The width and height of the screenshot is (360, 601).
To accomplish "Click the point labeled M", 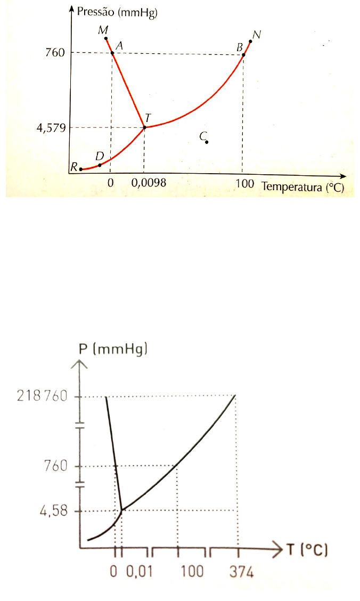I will (x=106, y=38).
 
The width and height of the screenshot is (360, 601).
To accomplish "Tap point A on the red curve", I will (x=112, y=52).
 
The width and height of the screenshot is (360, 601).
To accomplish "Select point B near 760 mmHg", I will (x=243, y=54).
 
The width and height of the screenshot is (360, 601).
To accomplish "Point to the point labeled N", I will (x=250, y=41).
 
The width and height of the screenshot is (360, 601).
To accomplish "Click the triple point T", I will (x=144, y=127).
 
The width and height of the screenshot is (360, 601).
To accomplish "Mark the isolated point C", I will (x=207, y=142).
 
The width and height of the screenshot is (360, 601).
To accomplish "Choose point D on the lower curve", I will (x=100, y=165).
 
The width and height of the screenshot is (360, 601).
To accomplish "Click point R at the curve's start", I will (x=81, y=169).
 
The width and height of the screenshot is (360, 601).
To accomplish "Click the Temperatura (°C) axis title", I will (x=302, y=187).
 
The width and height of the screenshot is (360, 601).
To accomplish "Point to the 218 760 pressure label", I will (x=42, y=397).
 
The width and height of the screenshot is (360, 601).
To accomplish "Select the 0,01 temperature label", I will (x=138, y=572).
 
